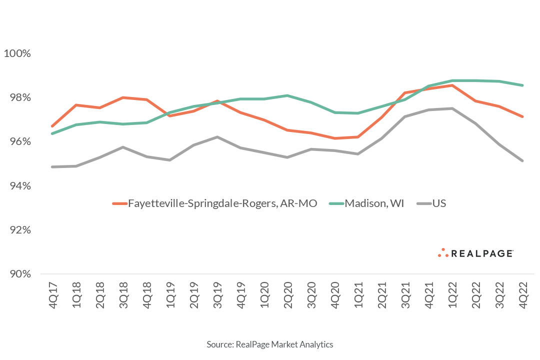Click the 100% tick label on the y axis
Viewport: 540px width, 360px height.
pyautogui.click(x=17, y=53)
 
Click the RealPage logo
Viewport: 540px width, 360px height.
pyautogui.click(x=475, y=253)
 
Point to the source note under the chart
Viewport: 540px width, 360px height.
pyautogui.click(x=270, y=344)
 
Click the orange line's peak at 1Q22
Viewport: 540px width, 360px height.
pyautogui.click(x=452, y=85)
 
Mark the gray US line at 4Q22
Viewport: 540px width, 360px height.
pyautogui.click(x=522, y=160)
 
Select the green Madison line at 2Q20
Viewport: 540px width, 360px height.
pyautogui.click(x=287, y=95)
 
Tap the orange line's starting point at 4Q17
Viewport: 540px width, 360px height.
pyautogui.click(x=52, y=126)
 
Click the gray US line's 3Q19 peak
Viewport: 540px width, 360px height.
pyautogui.click(x=217, y=137)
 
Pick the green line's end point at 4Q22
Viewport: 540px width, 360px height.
pyautogui.click(x=522, y=85)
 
